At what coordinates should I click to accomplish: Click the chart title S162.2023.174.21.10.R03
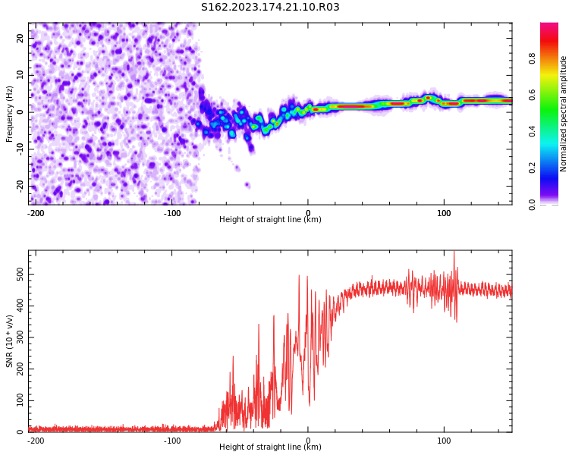pos(270,7)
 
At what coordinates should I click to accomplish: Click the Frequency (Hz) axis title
pos(9,114)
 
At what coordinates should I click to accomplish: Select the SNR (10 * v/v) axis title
pos(9,341)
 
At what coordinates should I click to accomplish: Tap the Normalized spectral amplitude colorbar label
pos(563,114)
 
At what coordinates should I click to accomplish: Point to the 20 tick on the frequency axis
pos(20,38)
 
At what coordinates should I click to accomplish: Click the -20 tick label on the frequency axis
pos(20,187)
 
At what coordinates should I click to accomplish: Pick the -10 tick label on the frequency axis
pos(20,149)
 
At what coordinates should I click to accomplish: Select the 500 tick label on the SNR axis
pos(20,275)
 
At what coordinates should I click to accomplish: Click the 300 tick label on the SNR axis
pos(20,337)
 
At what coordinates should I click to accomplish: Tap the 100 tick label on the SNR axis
pos(20,400)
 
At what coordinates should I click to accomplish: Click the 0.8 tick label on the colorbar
pos(532,58)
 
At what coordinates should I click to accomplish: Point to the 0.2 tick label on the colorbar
pos(532,168)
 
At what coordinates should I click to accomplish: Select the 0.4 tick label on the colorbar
pos(532,131)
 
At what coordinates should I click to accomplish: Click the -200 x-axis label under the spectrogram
pos(36,213)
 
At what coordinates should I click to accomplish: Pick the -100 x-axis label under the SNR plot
pos(172,441)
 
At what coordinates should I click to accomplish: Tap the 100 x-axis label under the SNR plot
pos(444,441)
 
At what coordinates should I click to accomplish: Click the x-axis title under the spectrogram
pos(270,219)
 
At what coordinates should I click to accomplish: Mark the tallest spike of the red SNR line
pos(454,252)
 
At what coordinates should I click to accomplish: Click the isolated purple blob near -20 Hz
pos(247,185)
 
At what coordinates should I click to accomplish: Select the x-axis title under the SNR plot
pos(270,447)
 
